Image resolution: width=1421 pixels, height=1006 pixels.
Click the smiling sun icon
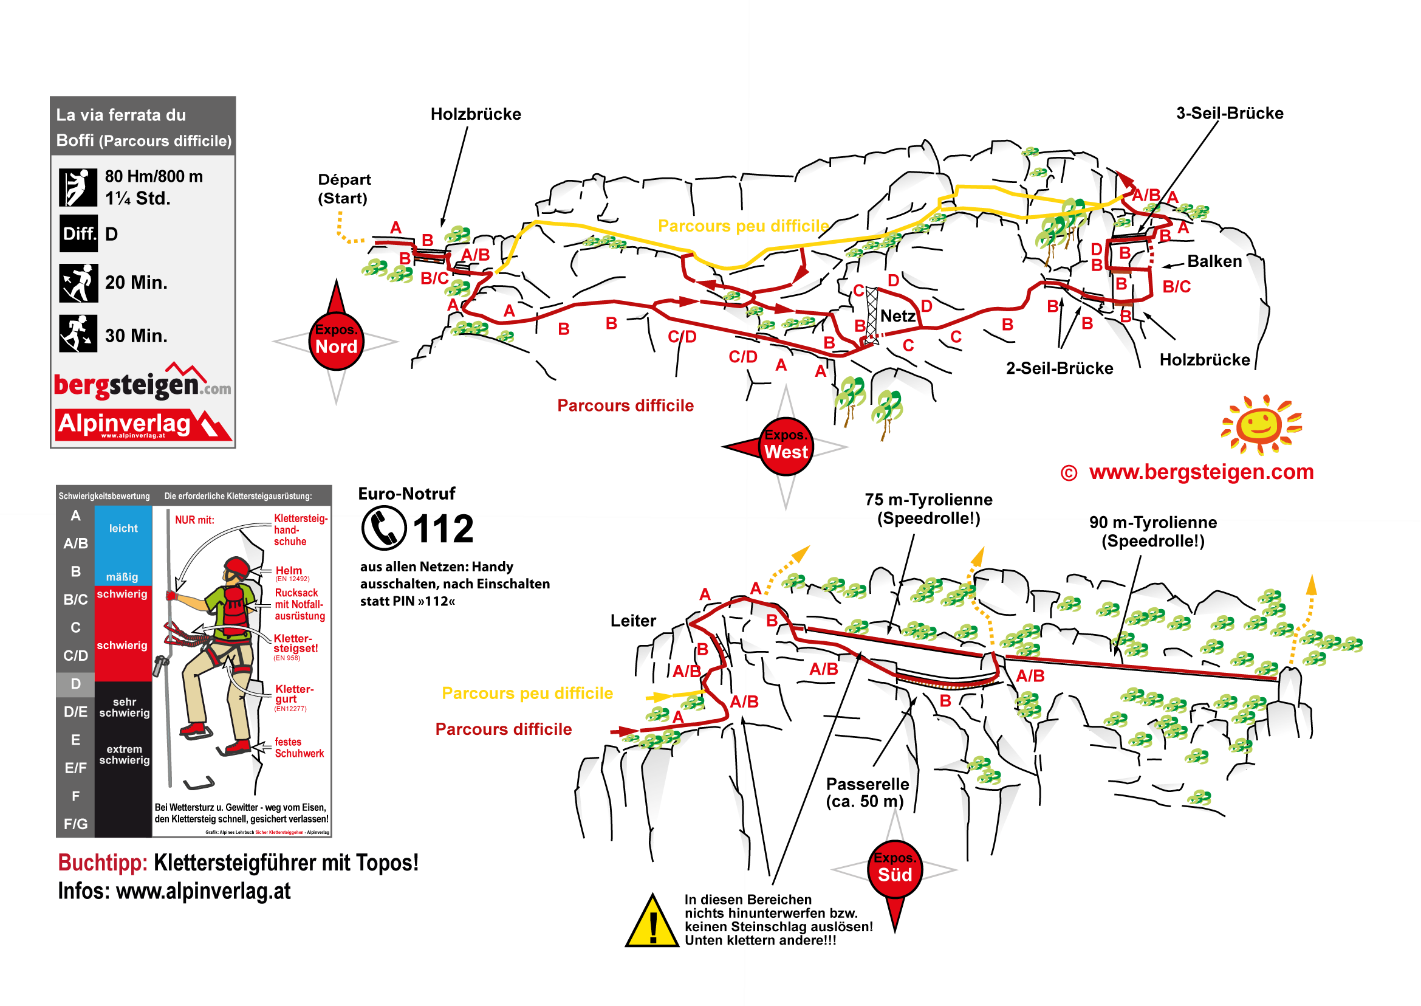[x=1261, y=425]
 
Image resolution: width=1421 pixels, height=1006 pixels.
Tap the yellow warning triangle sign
[x=651, y=921]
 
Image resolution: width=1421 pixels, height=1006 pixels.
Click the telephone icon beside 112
[x=384, y=528]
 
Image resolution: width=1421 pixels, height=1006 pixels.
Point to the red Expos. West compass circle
[x=786, y=447]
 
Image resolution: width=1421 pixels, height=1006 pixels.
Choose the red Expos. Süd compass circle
[x=895, y=869]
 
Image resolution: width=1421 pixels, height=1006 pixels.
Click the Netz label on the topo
[x=897, y=317]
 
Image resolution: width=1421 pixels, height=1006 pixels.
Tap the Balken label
[x=1214, y=261]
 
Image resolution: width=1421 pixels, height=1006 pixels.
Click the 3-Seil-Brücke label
[x=1229, y=113]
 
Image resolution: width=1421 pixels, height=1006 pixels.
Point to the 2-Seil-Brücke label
[x=1059, y=368]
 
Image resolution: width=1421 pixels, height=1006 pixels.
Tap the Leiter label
[x=633, y=621]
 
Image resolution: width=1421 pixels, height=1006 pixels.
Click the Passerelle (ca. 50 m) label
[x=867, y=793]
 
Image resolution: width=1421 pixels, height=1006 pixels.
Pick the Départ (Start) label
[x=344, y=189]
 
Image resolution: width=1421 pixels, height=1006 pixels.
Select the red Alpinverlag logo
[x=142, y=425]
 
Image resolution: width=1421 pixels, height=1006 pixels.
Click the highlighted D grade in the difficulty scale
[x=75, y=684]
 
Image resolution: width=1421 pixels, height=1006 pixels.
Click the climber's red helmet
[x=236, y=567]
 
